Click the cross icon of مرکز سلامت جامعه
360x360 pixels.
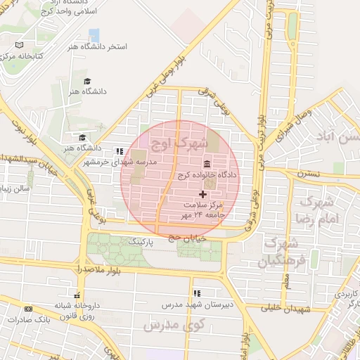click(204, 194)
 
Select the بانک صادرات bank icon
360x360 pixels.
click(28, 309)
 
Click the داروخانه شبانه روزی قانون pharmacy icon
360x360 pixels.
click(77, 295)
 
